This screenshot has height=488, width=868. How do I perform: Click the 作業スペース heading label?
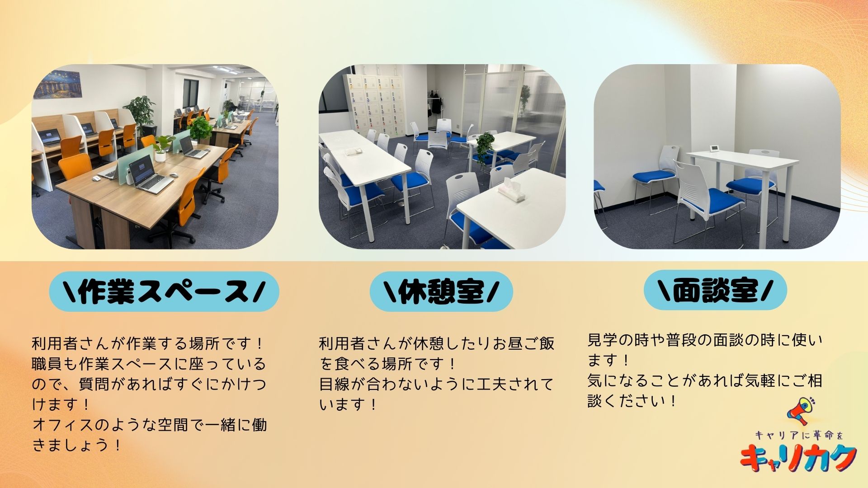click(x=164, y=291)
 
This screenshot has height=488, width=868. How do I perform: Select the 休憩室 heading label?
click(x=441, y=291)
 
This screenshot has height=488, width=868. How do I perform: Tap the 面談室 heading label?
click(x=715, y=290)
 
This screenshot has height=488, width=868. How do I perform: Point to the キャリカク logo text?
click(x=798, y=458)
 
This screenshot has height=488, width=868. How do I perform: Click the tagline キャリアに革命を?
click(x=798, y=435)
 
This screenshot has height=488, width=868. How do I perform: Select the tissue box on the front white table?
click(x=512, y=190)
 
